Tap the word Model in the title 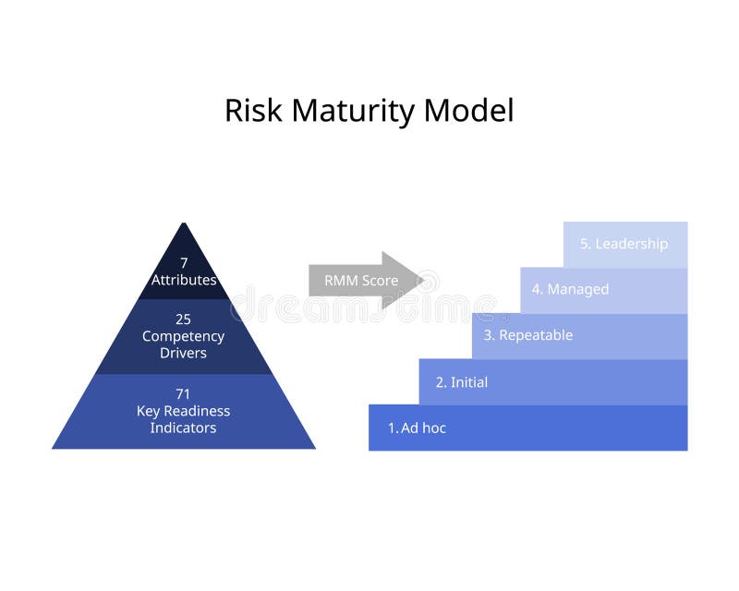[x=469, y=111]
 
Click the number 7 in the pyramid [x=184, y=263]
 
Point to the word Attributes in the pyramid [x=184, y=280]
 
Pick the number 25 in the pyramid [x=184, y=320]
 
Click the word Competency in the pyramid [x=184, y=336]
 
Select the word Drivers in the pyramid [x=184, y=353]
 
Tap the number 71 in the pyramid [x=184, y=394]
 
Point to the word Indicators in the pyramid [x=184, y=428]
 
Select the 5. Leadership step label [x=624, y=244]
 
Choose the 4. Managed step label [x=570, y=289]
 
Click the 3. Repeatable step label [x=528, y=335]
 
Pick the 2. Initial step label [x=462, y=382]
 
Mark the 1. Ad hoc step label [x=417, y=428]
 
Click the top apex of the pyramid [x=184, y=224]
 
